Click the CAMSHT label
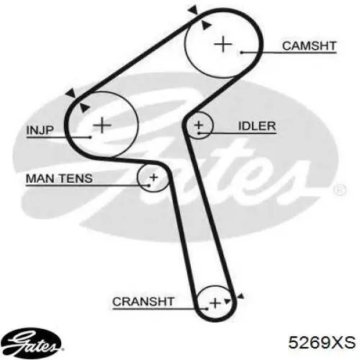tap(309, 46)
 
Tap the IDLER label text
tap(257, 126)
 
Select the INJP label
tap(40, 130)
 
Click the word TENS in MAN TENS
tap(76, 179)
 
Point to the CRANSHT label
tap(143, 302)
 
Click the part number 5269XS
tap(322, 342)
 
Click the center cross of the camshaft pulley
tap(223, 44)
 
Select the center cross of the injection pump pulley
tap(102, 125)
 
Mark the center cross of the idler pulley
tap(199, 125)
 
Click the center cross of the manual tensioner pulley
tap(153, 178)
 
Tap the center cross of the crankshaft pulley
tap(215, 303)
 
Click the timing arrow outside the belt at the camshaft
tap(193, 10)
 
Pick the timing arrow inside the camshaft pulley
tap(206, 24)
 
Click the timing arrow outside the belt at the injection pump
tap(71, 93)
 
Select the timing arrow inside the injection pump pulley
tap(84, 107)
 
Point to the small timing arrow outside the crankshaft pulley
tap(240, 297)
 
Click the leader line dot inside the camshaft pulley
tap(242, 53)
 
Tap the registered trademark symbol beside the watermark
tap(340, 189)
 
